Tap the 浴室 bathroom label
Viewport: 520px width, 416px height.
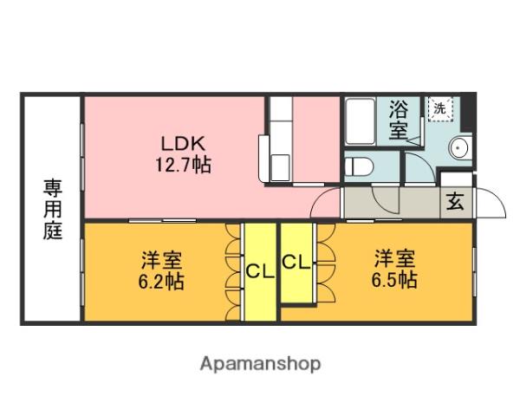(398, 120)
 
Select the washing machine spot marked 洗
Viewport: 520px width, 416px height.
(439, 109)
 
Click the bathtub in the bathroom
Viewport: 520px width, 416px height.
(360, 120)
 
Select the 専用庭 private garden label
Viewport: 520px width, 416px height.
(53, 209)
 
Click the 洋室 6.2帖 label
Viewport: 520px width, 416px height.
(163, 270)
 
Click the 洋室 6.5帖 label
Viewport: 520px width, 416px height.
(394, 268)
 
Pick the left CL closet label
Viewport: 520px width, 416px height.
(259, 271)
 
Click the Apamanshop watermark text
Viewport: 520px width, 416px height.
(260, 363)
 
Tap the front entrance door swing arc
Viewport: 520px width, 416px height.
(491, 205)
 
